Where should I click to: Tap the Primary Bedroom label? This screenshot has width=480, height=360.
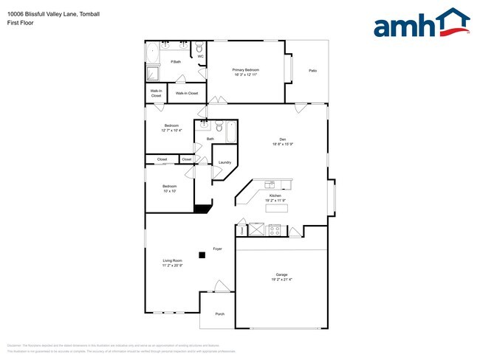point(247,71)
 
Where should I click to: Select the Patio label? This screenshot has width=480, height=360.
point(312,70)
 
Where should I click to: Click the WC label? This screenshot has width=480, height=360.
point(200,56)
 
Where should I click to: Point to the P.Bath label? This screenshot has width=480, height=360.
point(176,62)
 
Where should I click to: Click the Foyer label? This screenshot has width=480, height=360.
point(218,249)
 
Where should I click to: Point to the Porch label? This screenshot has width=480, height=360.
point(219,314)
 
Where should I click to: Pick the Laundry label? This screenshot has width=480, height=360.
point(224,162)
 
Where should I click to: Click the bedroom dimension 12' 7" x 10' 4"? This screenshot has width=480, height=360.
point(171,131)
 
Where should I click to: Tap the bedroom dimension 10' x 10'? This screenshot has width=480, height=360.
point(170,191)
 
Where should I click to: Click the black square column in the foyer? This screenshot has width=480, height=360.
point(202,255)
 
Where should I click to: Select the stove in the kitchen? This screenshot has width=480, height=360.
point(275,230)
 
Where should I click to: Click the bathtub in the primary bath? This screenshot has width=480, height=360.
point(153,54)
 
